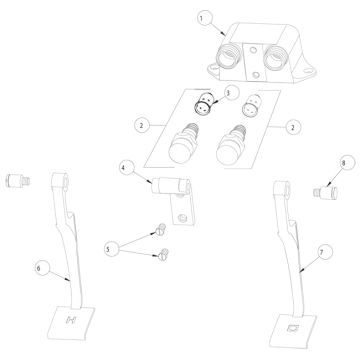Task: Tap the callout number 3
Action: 228,93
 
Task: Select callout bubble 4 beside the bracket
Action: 124,167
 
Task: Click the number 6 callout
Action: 40,267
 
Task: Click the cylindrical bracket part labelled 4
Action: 170,186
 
